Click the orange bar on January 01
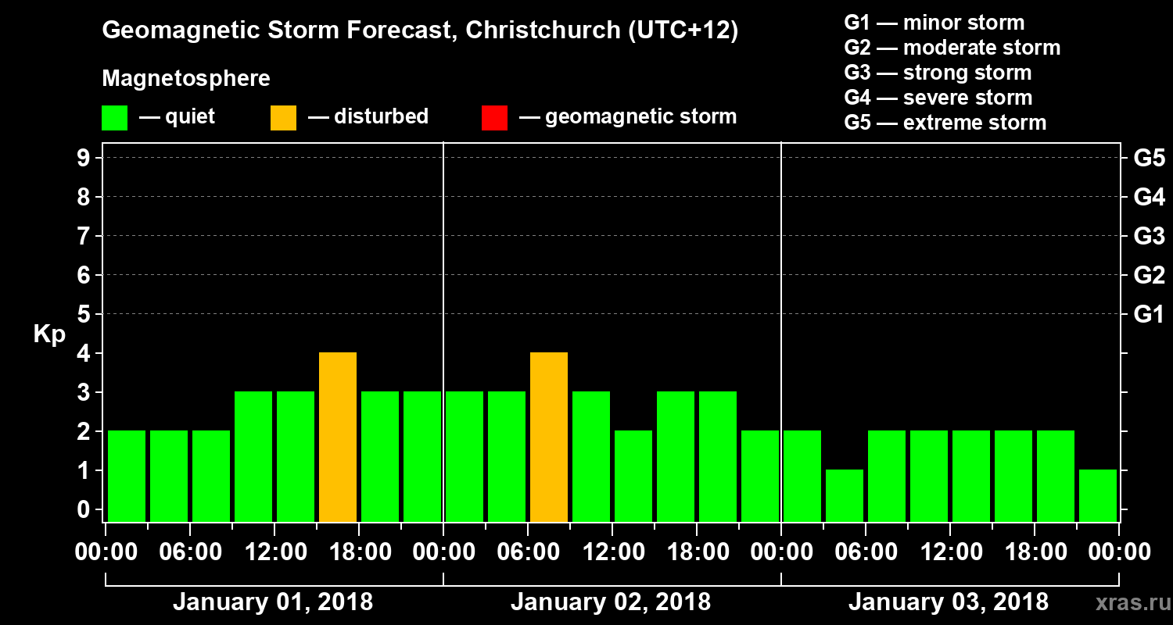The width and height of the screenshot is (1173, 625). (x=338, y=437)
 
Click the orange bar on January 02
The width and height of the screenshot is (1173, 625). (x=549, y=437)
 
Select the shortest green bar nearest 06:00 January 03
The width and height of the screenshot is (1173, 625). (x=845, y=495)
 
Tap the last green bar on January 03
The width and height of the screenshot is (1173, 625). (x=1098, y=495)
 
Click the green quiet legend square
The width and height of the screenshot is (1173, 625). (x=114, y=118)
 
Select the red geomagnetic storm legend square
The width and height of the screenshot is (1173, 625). (x=494, y=118)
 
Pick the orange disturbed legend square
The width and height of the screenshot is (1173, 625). (x=283, y=118)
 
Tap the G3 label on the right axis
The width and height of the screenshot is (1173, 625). (x=1149, y=236)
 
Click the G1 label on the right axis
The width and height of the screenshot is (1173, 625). (x=1149, y=315)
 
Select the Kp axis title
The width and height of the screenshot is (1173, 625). (x=49, y=334)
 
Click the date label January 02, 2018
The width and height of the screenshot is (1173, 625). (x=611, y=602)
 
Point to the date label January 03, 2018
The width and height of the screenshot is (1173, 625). (x=949, y=602)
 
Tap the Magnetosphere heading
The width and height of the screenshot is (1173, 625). (x=186, y=79)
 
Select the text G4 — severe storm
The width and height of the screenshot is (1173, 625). (x=938, y=98)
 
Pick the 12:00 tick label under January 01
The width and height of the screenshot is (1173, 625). (x=276, y=552)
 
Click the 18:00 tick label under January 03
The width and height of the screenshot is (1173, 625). (x=1035, y=552)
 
